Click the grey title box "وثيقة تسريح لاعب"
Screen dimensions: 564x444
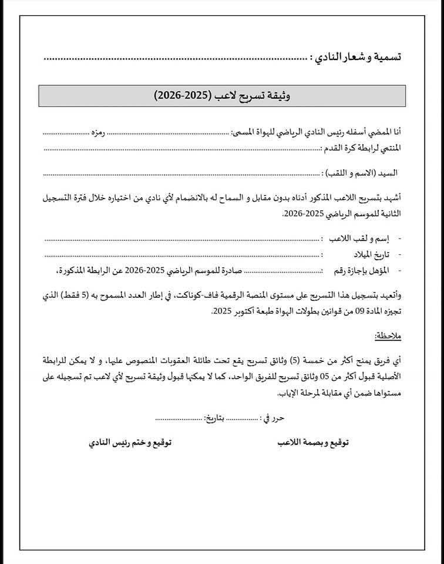click(222, 96)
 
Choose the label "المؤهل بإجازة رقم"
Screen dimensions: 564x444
click(360, 270)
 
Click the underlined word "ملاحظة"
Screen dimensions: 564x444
click(388, 335)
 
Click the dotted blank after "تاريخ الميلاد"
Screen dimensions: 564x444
click(182, 254)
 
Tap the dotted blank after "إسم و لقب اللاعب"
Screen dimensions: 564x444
click(182, 239)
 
